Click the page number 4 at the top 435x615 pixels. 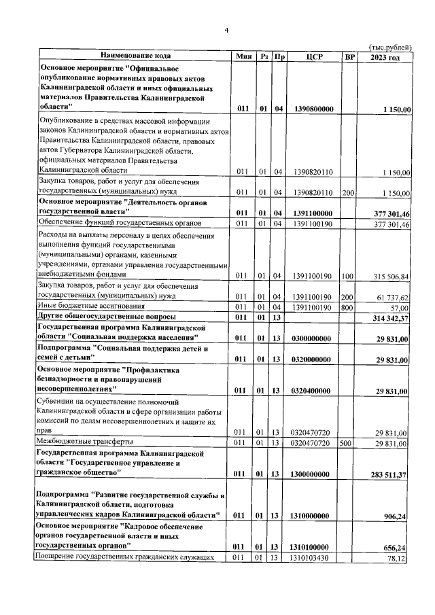(227, 30)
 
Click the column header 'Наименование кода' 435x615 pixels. (135, 56)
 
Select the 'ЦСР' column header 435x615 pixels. (314, 56)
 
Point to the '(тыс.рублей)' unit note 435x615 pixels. (390, 46)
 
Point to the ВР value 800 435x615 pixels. (349, 308)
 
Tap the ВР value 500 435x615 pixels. (349, 443)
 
